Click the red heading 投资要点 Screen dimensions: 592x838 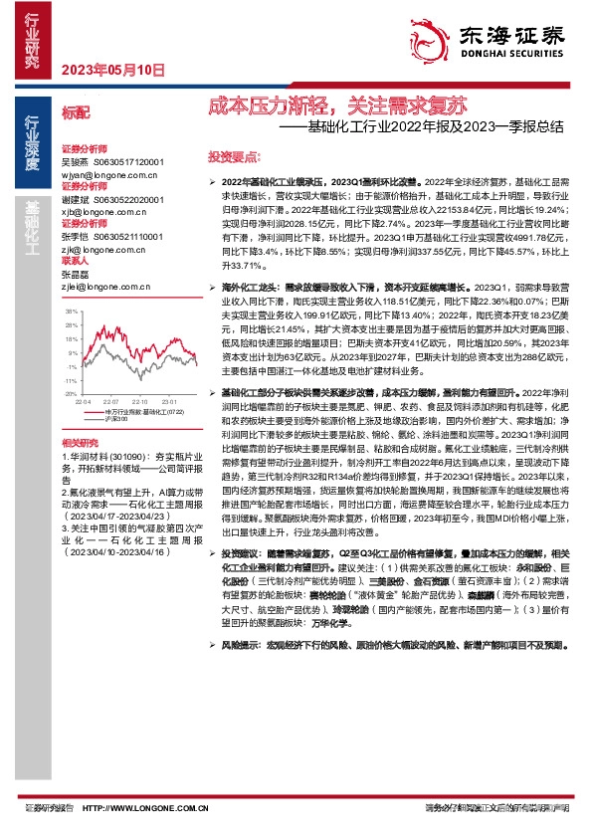tap(232, 158)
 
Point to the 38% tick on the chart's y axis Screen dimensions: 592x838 tap(72, 311)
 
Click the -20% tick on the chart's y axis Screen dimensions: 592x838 tap(71, 366)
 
